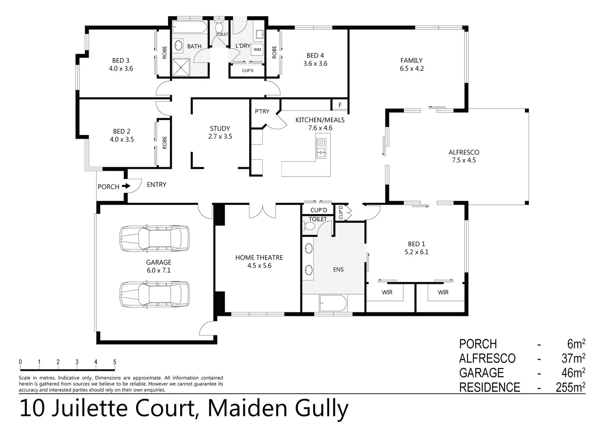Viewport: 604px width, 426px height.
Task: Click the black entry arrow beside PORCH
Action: point(126,186)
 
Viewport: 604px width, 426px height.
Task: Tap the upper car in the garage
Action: point(154,238)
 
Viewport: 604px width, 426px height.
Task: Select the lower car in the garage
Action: point(154,294)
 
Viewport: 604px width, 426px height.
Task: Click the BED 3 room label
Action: point(120,60)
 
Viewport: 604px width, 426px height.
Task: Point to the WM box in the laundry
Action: point(257,50)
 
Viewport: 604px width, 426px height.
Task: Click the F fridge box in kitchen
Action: point(340,105)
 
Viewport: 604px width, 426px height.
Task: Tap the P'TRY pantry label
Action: point(262,112)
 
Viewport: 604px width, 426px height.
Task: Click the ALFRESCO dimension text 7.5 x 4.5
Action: point(464,160)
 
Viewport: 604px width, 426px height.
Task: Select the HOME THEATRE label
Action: point(259,258)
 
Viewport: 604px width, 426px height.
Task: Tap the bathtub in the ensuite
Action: point(333,304)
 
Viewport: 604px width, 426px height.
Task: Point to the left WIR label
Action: point(387,292)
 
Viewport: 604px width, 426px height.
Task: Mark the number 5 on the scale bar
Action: point(115,362)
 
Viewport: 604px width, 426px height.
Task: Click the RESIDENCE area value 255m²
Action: point(570,387)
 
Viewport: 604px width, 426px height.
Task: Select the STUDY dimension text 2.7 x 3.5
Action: point(220,136)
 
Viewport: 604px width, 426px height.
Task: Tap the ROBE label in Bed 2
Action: point(165,142)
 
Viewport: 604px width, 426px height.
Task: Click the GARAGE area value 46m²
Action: point(573,373)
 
